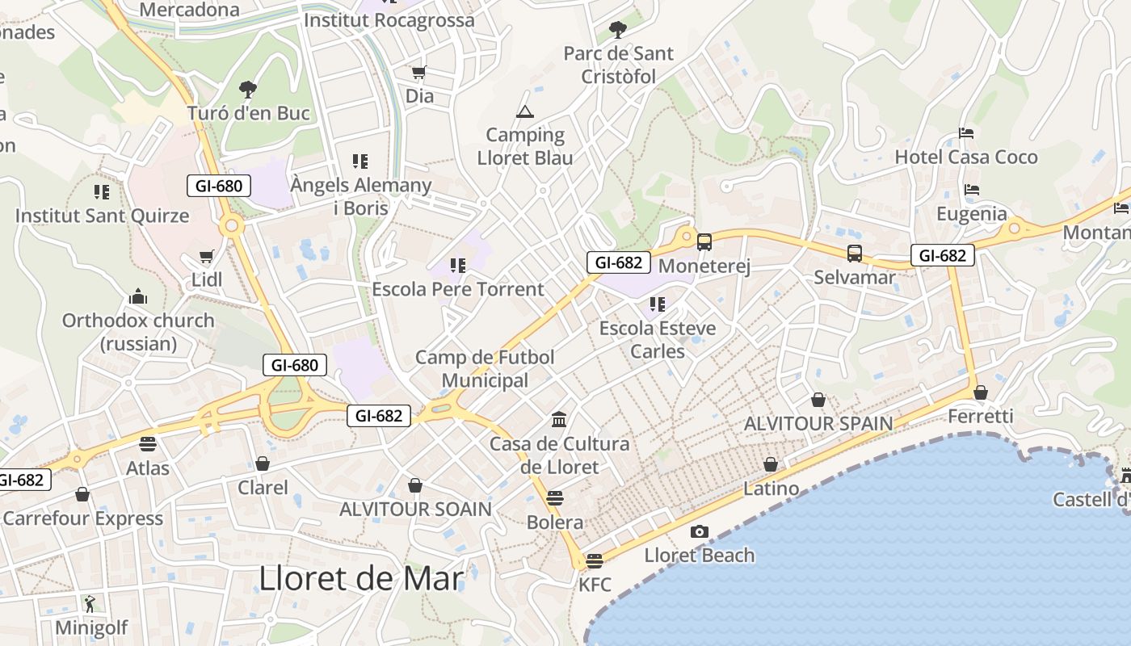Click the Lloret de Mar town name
361,579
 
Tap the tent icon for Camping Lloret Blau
525,111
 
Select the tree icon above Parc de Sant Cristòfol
618,30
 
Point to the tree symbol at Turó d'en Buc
248,89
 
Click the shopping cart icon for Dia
419,73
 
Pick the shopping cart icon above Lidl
206,257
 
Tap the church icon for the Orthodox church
138,296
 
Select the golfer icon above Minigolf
90,603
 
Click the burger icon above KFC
595,560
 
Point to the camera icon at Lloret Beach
700,531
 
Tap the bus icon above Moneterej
704,241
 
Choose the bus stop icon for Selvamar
855,254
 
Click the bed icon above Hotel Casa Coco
966,132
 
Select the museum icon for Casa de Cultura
559,419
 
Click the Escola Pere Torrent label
458,289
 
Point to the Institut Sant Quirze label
102,216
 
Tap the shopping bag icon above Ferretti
981,392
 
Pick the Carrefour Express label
83,518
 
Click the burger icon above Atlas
147,443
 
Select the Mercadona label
190,10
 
